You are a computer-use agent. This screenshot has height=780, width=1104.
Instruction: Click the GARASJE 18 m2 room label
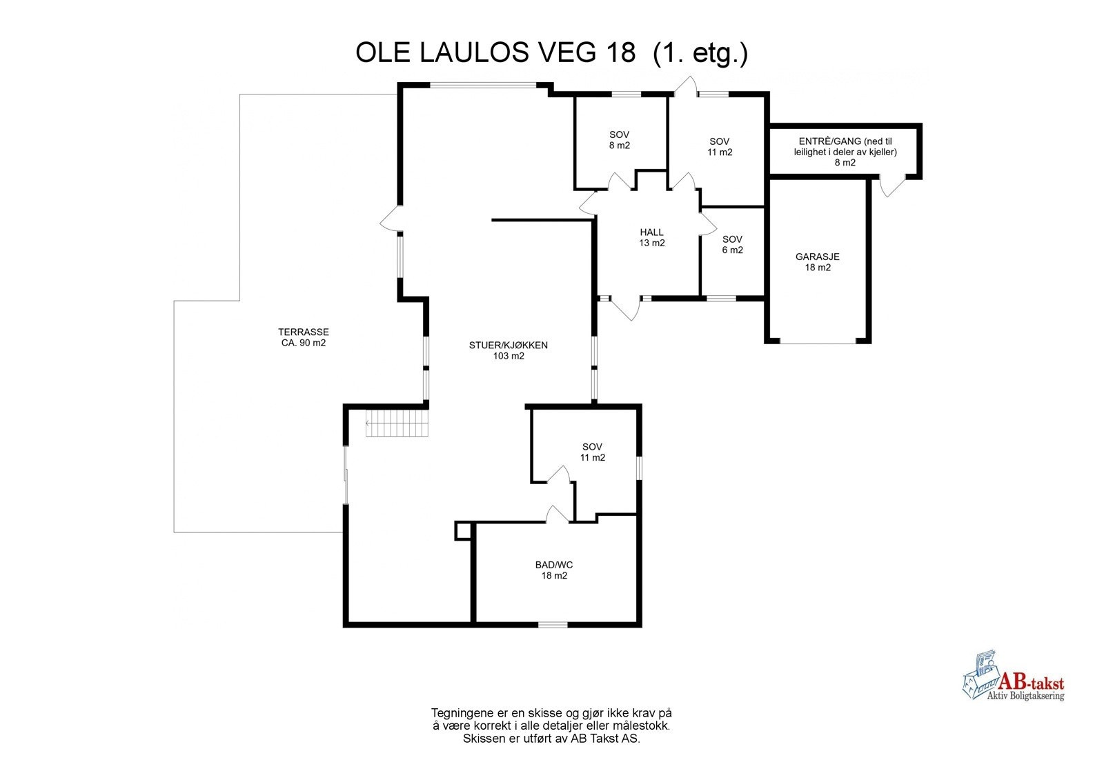[817, 262]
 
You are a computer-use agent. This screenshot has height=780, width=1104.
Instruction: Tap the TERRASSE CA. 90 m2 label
[304, 337]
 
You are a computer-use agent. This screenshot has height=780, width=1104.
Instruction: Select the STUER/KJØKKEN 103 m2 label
[509, 350]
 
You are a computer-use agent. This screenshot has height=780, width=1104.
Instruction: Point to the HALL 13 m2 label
[652, 238]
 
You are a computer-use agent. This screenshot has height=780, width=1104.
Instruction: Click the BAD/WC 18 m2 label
[554, 570]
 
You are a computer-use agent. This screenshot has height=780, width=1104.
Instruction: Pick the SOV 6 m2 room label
[732, 245]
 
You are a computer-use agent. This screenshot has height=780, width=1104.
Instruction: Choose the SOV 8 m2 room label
[619, 140]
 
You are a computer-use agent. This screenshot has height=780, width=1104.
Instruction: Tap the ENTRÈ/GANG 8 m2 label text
[845, 152]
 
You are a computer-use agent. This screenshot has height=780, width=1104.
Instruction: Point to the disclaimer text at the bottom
[551, 726]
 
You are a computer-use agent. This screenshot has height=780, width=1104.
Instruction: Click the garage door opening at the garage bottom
[818, 341]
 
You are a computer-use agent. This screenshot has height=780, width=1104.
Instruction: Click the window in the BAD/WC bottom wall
[553, 625]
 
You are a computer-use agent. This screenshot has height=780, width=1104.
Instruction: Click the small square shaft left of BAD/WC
[463, 530]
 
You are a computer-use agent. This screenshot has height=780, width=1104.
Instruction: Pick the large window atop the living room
[483, 86]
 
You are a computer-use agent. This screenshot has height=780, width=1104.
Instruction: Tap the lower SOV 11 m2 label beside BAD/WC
[592, 452]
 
